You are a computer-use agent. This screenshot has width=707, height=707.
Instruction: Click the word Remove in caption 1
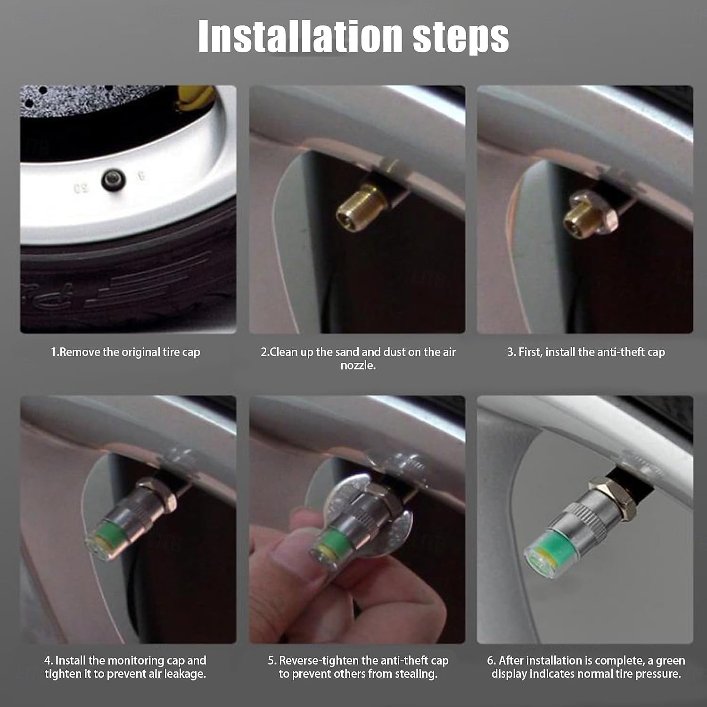(79, 352)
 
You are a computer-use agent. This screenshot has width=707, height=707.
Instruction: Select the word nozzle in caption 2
(358, 365)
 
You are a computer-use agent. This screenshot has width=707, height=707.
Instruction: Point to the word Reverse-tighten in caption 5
(319, 660)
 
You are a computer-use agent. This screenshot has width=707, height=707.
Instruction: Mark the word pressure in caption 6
(658, 674)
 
